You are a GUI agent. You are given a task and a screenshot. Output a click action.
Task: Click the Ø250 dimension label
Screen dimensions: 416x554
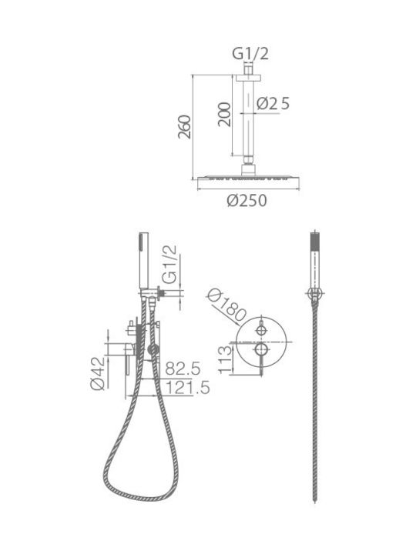(x=247, y=201)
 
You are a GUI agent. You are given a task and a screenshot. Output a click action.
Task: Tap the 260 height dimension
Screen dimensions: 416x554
(x=185, y=127)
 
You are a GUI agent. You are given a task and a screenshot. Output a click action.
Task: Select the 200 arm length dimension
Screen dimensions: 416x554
(x=224, y=114)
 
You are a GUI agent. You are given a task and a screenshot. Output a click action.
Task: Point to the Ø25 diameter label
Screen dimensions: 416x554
(x=273, y=104)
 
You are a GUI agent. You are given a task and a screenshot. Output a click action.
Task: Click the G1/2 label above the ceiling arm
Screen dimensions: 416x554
(x=250, y=54)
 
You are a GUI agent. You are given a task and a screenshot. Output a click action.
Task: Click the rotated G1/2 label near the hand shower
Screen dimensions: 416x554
(x=169, y=265)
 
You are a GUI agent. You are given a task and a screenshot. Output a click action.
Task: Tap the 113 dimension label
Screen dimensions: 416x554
(x=225, y=360)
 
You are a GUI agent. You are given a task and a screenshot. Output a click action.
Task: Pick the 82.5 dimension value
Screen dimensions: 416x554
(x=183, y=368)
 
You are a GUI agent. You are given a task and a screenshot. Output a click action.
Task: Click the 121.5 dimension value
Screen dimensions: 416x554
(x=187, y=388)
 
